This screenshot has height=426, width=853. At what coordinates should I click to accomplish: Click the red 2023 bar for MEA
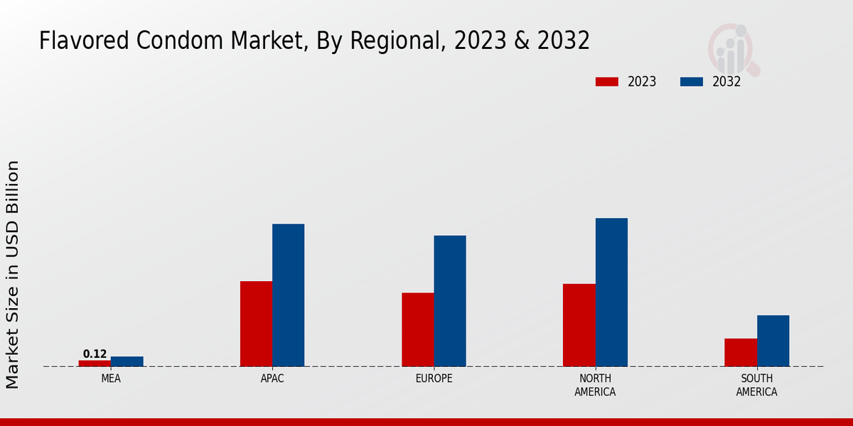point(95,363)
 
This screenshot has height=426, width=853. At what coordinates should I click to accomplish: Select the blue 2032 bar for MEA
point(127,361)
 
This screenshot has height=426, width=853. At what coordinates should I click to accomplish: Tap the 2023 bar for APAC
point(256,324)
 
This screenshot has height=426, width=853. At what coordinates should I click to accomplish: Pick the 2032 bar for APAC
point(288,295)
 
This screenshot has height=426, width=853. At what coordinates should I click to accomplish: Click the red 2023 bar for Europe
point(417,329)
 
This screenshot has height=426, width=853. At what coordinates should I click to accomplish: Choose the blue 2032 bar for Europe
point(450,301)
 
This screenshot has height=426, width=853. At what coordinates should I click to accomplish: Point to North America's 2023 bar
point(579,325)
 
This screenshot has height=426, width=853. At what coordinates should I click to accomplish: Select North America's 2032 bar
point(611,292)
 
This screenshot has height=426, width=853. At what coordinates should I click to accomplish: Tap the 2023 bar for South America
point(741,352)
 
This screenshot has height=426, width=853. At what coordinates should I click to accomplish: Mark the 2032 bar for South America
point(773,341)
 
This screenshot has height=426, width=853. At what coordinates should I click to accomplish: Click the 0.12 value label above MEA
point(95,354)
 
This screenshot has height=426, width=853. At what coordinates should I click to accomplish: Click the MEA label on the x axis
point(111,378)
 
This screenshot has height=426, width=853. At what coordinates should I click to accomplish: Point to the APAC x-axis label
point(272,378)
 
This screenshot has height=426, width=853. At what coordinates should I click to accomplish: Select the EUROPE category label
point(434,378)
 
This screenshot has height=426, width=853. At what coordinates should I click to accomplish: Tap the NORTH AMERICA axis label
point(595,385)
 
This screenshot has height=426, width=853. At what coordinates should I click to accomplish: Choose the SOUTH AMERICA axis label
point(756,385)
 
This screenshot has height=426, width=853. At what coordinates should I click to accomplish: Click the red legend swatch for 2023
point(607,82)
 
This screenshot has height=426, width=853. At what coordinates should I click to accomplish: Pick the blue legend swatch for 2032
point(692,82)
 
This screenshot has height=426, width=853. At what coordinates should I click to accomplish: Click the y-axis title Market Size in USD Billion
point(13,274)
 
